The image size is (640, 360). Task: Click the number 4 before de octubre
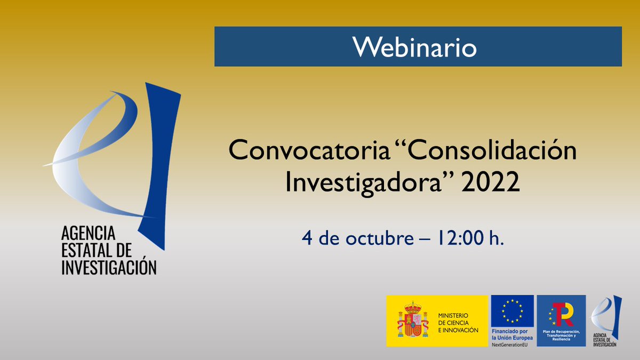307,238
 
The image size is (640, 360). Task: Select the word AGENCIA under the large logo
88,233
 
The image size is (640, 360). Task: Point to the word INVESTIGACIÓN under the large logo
109,267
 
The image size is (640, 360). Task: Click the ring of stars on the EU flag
512,310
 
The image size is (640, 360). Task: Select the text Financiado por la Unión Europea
512,335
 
